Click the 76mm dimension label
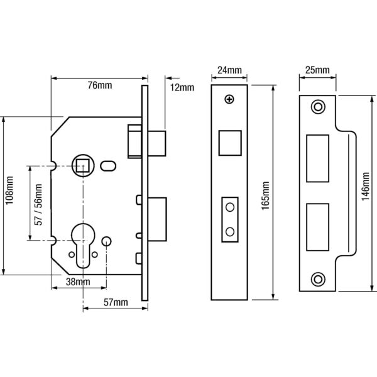click(100, 85)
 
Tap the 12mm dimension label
click(182, 87)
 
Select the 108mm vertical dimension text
click(9, 190)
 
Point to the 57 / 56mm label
click(38, 205)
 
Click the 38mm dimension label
click(78, 281)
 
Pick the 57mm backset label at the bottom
click(116, 302)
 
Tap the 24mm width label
click(229, 70)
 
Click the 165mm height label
click(266, 196)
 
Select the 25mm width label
click(317, 70)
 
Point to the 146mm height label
click(366, 187)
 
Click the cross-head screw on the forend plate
click(229, 99)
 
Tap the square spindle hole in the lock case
click(83, 165)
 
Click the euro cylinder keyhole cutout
click(83, 245)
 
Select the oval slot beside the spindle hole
click(108, 166)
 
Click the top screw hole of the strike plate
click(318, 107)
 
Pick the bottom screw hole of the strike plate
click(318, 280)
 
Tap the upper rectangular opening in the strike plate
click(317, 158)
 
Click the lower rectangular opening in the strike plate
click(317, 227)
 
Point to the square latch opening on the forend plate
click(230, 143)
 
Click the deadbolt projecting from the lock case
click(157, 219)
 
